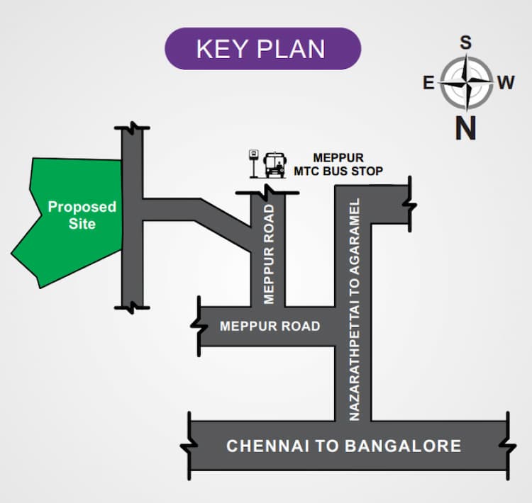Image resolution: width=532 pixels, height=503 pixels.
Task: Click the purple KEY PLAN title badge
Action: click(262, 49)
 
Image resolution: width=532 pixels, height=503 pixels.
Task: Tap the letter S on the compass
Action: click(465, 43)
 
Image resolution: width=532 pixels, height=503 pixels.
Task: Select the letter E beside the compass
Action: click(428, 84)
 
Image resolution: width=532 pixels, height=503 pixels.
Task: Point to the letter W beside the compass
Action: click(505, 84)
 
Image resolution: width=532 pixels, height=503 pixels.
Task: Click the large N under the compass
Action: click(465, 128)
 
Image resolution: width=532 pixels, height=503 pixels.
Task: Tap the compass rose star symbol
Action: click(465, 84)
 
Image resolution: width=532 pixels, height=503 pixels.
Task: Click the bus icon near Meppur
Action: click(275, 165)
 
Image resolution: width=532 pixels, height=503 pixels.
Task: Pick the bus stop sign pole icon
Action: click(253, 164)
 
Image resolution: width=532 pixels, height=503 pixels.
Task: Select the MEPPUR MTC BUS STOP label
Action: click(338, 164)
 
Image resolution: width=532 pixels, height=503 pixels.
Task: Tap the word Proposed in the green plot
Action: click(82, 207)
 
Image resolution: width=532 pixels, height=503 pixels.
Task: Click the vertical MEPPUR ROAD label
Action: click(269, 254)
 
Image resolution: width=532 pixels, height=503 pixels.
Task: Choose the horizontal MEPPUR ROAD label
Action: click(270, 327)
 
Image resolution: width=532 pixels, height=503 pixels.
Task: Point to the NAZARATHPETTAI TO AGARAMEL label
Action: click(355, 310)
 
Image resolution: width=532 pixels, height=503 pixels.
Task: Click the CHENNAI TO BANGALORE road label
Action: click(343, 446)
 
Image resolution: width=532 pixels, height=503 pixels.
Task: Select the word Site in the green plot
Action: click(82, 224)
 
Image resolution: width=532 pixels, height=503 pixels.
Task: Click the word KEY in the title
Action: click(218, 49)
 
